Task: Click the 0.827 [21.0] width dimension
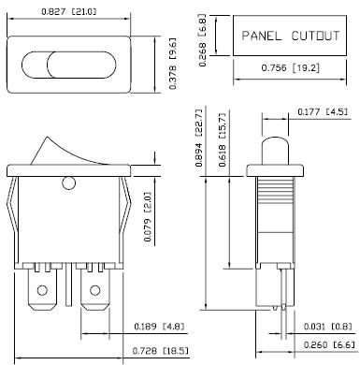click(69, 11)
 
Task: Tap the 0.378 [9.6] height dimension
click(172, 64)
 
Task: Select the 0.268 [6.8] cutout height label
click(202, 40)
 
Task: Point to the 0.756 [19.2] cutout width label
click(291, 67)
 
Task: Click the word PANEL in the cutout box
click(262, 36)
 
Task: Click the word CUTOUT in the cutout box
click(315, 36)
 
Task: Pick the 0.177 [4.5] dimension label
click(323, 111)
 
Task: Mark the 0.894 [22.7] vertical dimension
click(199, 138)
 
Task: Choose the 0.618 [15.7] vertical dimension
click(223, 139)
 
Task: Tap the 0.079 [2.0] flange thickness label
click(148, 217)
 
